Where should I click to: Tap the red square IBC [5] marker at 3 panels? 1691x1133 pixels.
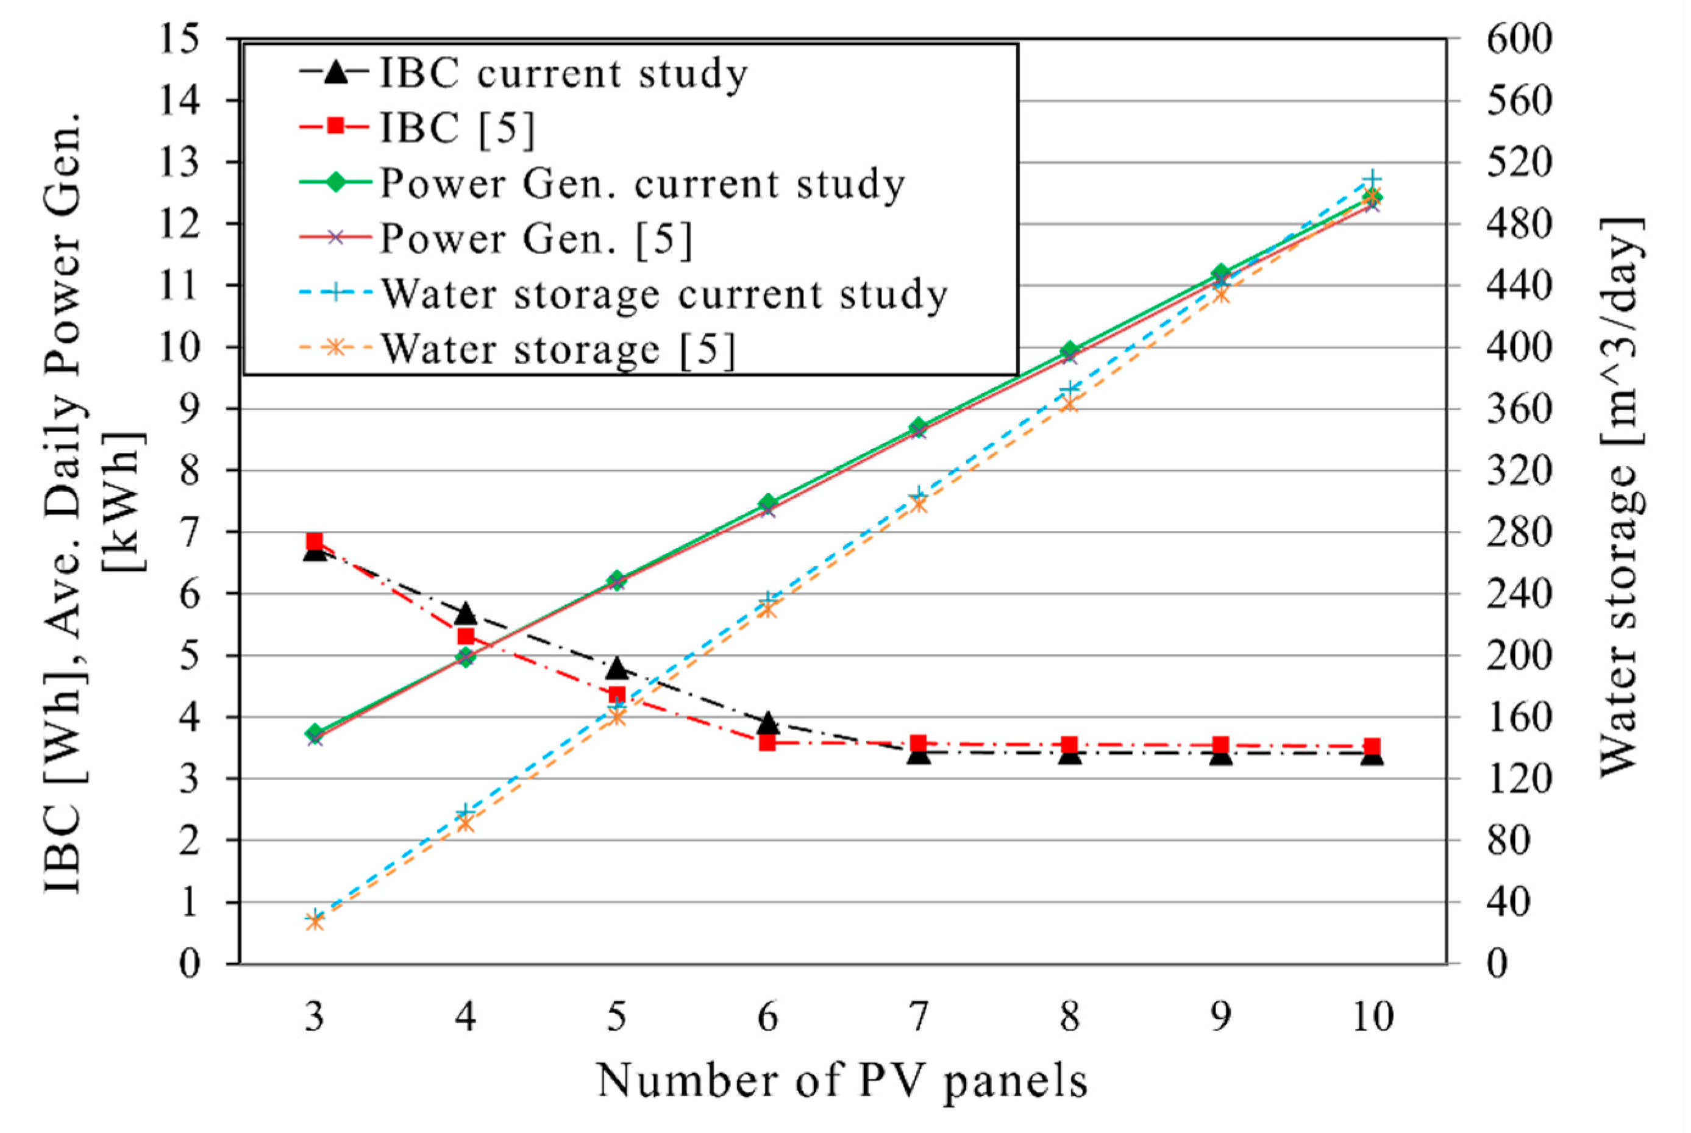[315, 542]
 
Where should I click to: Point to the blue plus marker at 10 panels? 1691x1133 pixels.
[1372, 180]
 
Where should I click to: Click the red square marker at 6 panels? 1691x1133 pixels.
[767, 742]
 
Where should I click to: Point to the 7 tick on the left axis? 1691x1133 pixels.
[190, 532]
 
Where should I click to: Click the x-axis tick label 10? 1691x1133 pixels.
[1372, 1017]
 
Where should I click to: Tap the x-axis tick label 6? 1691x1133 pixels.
[767, 1017]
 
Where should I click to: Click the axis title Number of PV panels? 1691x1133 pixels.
[842, 1082]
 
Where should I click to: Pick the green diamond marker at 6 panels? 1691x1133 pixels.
[767, 503]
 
